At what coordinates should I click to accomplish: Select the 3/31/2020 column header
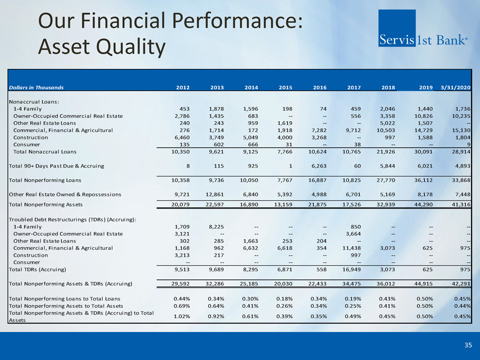coord(456,87)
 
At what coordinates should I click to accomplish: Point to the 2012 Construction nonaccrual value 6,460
coord(177,138)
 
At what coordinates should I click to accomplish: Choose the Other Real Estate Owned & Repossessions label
coord(65,194)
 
